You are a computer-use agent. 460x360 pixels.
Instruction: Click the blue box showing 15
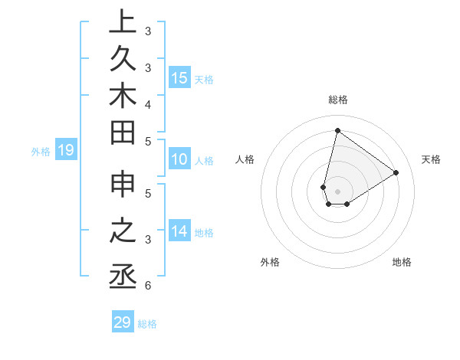[179, 77]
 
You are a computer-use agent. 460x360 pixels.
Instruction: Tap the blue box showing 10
[179, 159]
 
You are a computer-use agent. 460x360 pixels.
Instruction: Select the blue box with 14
[179, 231]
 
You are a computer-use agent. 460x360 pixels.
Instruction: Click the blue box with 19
[66, 150]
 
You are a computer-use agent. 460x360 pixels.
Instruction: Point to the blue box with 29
[123, 322]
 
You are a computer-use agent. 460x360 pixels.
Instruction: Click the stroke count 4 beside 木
[147, 103]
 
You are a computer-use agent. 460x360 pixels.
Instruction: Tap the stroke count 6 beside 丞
[147, 286]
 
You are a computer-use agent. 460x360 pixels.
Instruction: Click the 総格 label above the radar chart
[338, 100]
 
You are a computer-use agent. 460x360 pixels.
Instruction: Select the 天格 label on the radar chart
[432, 159]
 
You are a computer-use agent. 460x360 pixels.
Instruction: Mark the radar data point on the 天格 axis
[396, 172]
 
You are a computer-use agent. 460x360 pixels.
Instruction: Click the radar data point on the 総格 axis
[337, 130]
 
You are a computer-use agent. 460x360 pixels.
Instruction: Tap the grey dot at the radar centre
[337, 191]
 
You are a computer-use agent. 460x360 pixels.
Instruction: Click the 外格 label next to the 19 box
[41, 152]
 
